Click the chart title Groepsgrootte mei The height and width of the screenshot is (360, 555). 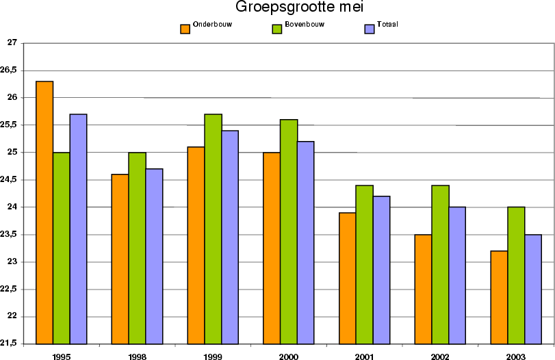tap(298, 8)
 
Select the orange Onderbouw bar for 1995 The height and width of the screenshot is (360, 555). tap(44, 212)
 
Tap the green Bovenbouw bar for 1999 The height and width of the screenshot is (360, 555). tap(213, 229)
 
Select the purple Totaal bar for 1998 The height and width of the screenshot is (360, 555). tap(153, 256)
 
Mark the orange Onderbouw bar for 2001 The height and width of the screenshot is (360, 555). tap(347, 278)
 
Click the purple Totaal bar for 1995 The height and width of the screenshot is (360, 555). tap(78, 229)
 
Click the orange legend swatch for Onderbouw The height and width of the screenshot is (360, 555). tap(185, 29)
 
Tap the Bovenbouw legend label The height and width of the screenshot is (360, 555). tap(304, 25)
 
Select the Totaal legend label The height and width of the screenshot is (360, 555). tap(387, 25)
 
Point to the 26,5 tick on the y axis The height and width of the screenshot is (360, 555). tap(10, 70)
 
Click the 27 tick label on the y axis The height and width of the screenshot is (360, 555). tap(12, 42)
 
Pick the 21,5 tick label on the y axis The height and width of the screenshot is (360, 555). tap(10, 344)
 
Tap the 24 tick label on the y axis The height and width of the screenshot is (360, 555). tap(12, 207)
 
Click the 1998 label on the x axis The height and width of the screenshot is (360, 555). tap(137, 356)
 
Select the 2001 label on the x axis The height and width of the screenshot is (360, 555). tap(364, 356)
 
